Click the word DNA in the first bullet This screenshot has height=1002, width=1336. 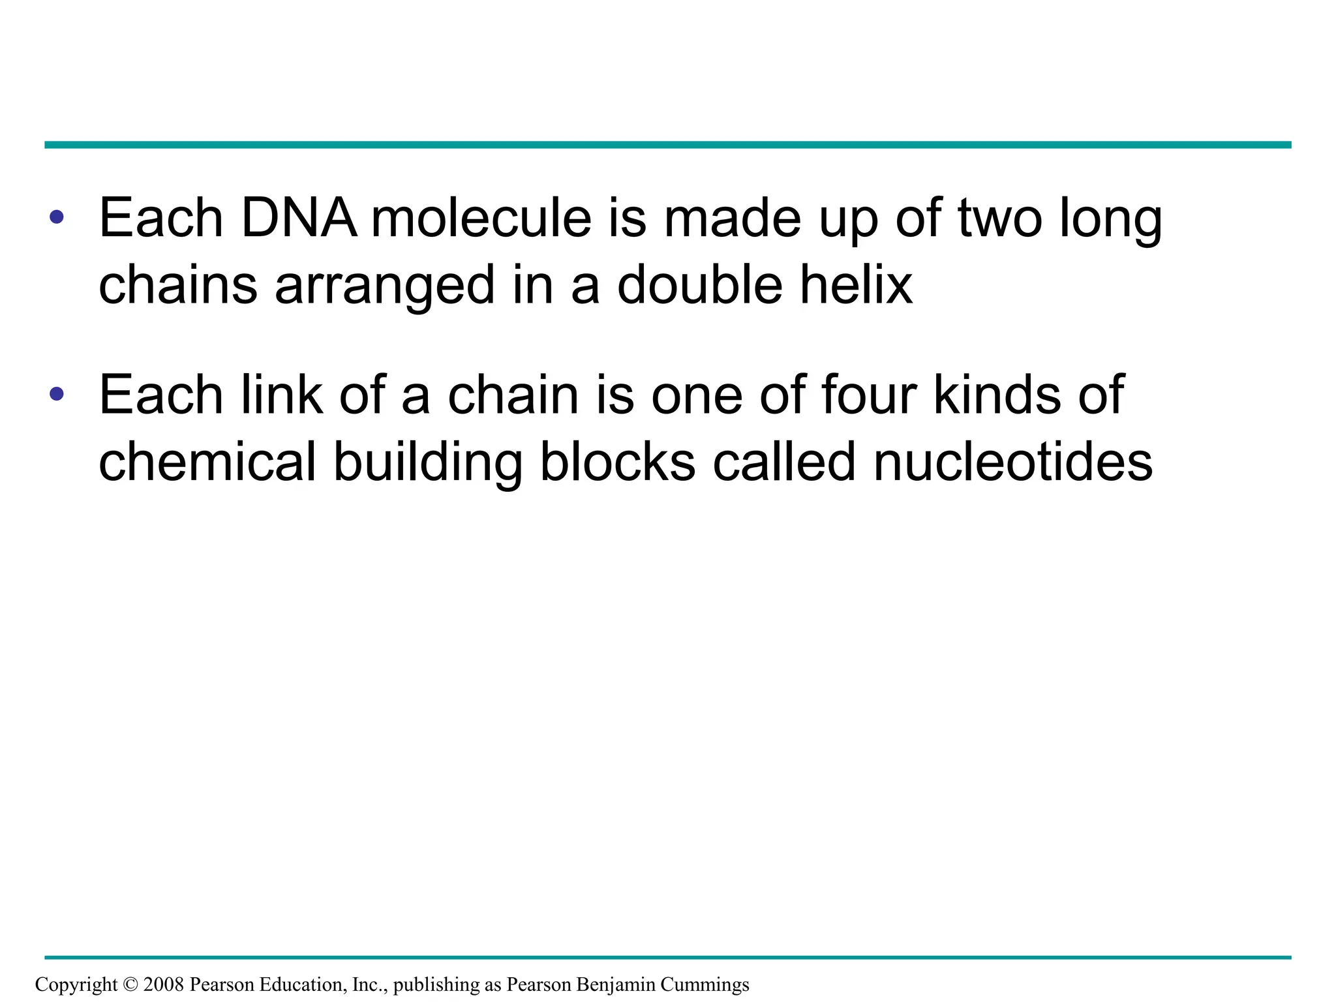pos(299,219)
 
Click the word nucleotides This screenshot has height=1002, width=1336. pos(1012,462)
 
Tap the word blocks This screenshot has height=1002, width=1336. pos(618,462)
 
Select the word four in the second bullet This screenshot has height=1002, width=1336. pos(868,395)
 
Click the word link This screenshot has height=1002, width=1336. pos(282,395)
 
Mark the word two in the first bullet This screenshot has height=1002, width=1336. pos(1000,219)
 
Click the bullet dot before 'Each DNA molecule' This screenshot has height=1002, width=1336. pos(57,217)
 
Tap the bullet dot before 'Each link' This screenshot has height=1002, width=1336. pos(57,393)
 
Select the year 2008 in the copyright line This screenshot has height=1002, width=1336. pos(164,984)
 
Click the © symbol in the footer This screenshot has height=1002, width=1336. pos(130,984)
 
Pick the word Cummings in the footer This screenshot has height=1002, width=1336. pos(705,985)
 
